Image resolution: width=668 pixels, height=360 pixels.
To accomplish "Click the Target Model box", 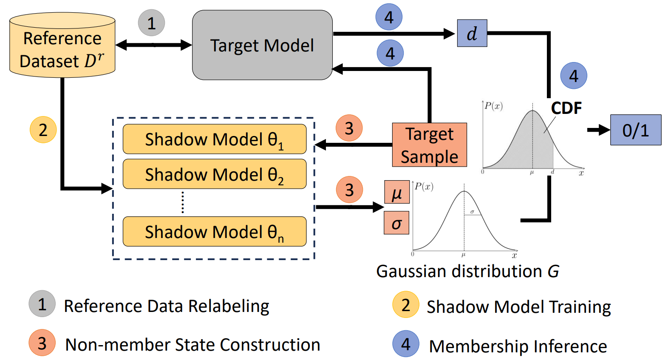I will pyautogui.click(x=262, y=45).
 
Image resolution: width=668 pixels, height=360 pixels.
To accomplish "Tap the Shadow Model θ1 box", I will pyautogui.click(x=215, y=139).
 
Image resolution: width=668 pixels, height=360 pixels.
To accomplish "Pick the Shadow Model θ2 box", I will pyautogui.click(x=215, y=174).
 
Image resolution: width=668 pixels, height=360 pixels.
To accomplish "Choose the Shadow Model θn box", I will pyautogui.click(x=215, y=232).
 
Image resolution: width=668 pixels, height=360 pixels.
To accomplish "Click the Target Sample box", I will pyautogui.click(x=429, y=145).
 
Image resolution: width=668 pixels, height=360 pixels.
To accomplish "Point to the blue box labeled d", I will pyautogui.click(x=472, y=34).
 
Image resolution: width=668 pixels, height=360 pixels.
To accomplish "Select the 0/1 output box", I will pyautogui.click(x=636, y=130).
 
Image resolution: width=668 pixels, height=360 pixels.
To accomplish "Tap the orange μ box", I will pyautogui.click(x=397, y=193).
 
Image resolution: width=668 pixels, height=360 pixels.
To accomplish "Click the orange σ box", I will pyautogui.click(x=396, y=223).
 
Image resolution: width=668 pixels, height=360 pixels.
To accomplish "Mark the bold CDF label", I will pyautogui.click(x=566, y=108).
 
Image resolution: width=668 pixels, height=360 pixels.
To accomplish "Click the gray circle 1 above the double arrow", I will pyautogui.click(x=151, y=23).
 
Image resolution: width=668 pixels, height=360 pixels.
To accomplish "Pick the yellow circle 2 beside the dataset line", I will pyautogui.click(x=43, y=130).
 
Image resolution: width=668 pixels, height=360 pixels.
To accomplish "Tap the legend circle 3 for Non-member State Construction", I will pyautogui.click(x=42, y=343).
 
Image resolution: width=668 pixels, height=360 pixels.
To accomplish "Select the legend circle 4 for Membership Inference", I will pyautogui.click(x=406, y=343).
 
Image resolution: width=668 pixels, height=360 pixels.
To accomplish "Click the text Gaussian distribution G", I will pyautogui.click(x=467, y=271).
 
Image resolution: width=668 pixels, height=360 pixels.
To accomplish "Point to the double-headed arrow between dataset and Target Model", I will pyautogui.click(x=153, y=45).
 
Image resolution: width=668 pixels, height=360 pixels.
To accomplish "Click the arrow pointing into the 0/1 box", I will pyautogui.click(x=598, y=130).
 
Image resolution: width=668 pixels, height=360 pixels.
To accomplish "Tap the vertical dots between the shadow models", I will pyautogui.click(x=183, y=202).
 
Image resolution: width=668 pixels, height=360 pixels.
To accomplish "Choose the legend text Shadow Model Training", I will pyautogui.click(x=518, y=306).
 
